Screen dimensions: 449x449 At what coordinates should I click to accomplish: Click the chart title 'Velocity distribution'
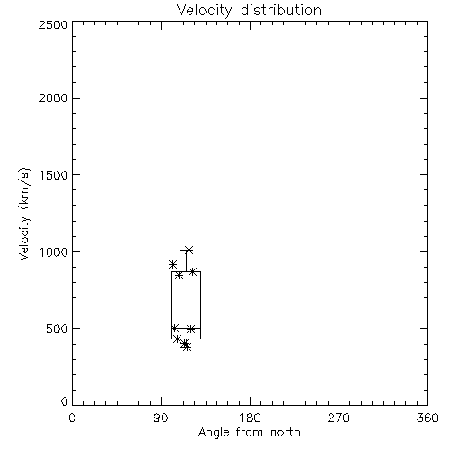coord(249,11)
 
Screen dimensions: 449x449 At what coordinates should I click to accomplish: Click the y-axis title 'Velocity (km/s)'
coord(24,214)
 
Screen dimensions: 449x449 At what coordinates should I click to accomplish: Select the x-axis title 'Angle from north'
coord(249,432)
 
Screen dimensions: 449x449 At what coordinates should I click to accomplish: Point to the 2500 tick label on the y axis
coord(53,24)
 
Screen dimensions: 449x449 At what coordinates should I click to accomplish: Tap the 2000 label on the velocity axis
coord(53,98)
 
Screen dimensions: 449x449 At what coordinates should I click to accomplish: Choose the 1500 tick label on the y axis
coord(54,175)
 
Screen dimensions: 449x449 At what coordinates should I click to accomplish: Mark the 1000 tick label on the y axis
coord(54,251)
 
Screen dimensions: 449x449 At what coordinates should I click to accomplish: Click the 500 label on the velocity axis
coord(57,329)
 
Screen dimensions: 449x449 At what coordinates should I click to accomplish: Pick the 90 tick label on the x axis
coord(161,418)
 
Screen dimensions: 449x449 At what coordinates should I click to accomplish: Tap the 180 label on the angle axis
coord(250,418)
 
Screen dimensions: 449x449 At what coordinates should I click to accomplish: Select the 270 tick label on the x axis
coord(339,418)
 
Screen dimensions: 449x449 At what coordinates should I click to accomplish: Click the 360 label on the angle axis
coord(427,418)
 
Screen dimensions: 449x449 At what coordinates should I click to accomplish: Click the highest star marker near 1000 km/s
coord(189,250)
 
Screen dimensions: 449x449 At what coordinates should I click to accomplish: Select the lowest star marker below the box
coord(187,348)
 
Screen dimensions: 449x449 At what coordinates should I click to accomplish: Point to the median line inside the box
coord(186,329)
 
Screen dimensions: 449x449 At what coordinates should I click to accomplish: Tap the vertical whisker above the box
coord(186,260)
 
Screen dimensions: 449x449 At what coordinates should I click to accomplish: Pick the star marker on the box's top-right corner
coord(193,272)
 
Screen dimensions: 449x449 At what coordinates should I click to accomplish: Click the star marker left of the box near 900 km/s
coord(172,265)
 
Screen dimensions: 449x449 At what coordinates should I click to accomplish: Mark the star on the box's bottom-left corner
coord(177,339)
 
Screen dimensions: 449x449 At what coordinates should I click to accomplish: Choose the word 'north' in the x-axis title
coord(286,432)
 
